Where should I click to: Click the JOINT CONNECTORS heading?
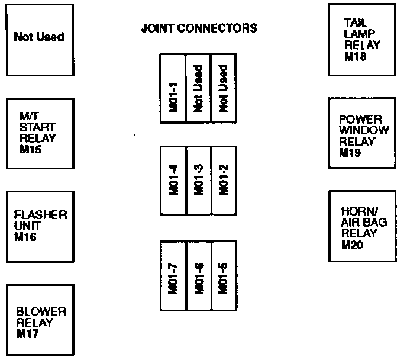tap(199, 28)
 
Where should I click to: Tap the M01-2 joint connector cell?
tap(224, 180)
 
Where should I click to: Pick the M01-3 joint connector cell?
tap(199, 180)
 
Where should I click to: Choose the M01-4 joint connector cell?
tap(173, 180)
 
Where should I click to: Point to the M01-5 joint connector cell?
tap(224, 276)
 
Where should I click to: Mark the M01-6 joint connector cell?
tap(199, 276)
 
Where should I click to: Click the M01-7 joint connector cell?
tap(173, 276)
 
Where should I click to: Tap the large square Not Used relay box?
tap(39, 37)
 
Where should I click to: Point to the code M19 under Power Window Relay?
tap(350, 153)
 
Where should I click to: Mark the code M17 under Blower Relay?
tap(28, 333)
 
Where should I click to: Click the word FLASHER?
tap(40, 214)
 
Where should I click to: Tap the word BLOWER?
tap(41, 312)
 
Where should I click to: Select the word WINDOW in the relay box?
tap(364, 131)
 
